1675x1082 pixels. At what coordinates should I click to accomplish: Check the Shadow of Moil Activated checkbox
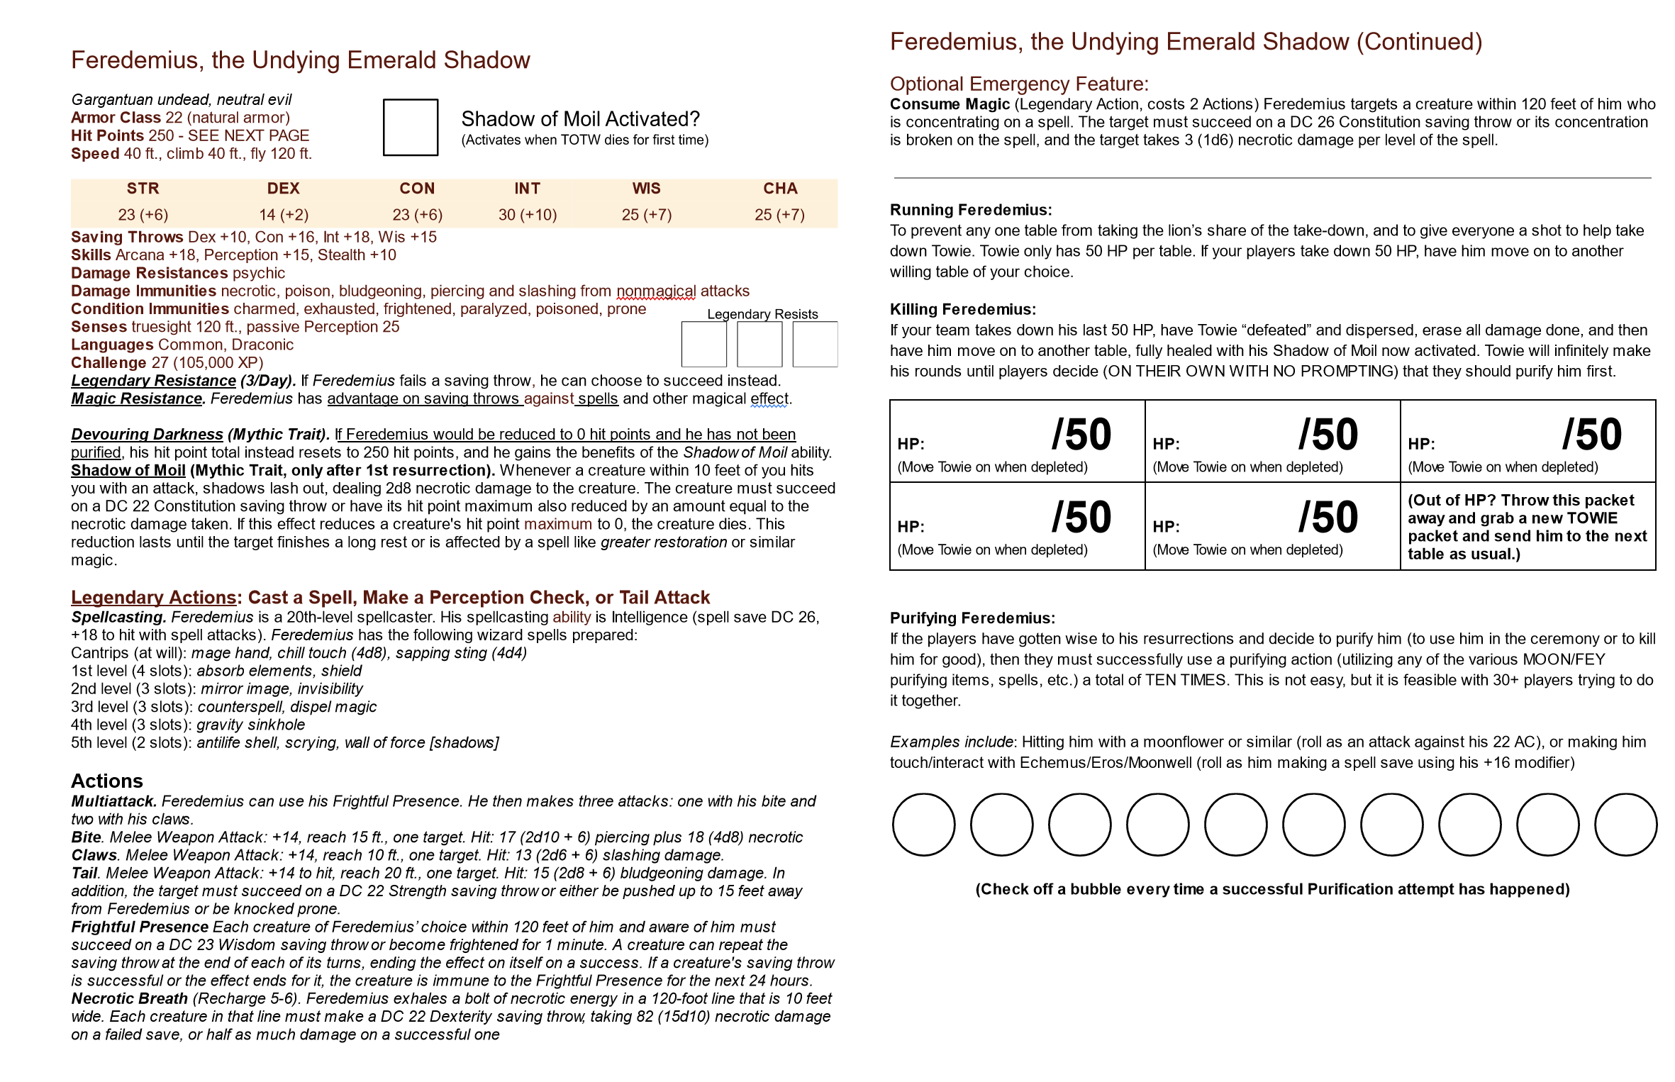coord(410,127)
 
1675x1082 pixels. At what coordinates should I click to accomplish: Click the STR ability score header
coord(143,189)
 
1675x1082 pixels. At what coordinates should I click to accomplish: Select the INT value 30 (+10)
coord(527,215)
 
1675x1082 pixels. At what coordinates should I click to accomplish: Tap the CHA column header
coord(780,189)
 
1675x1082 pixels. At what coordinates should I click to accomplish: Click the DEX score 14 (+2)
coord(283,215)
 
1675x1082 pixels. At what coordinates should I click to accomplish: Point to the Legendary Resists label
coord(762,314)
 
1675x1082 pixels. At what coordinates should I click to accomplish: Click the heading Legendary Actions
coord(153,598)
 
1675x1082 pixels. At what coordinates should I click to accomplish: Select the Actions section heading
coord(106,781)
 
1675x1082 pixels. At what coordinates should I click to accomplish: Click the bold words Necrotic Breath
coord(129,999)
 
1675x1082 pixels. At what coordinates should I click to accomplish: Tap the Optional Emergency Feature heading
coord(1018,84)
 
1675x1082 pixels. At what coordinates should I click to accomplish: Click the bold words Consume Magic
coord(950,104)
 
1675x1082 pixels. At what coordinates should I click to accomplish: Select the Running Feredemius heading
coord(970,210)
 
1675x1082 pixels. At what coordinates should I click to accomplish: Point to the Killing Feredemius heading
coord(962,309)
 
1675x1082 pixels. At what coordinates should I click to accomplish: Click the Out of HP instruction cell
coord(1527,527)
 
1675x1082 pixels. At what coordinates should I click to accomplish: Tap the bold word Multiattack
coord(113,801)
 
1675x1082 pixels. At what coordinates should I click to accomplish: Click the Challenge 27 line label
coord(108,363)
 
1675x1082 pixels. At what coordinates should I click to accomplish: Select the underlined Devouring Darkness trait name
coord(147,435)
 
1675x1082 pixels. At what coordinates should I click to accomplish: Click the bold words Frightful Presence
coord(140,927)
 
